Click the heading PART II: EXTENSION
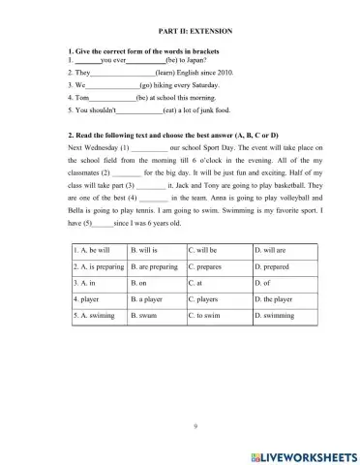point(179,31)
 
